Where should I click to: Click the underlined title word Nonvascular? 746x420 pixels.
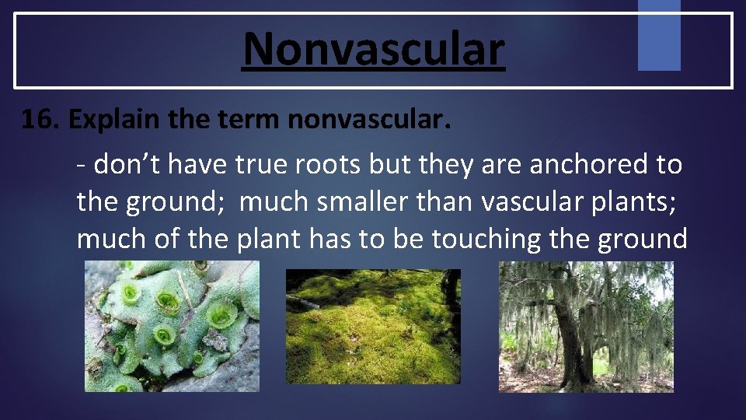pos(374,48)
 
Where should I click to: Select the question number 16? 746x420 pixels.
pos(40,121)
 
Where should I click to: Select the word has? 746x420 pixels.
pos(333,240)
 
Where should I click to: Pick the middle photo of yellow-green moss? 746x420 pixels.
pos(373,327)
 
